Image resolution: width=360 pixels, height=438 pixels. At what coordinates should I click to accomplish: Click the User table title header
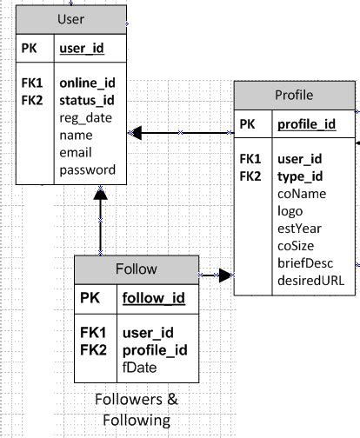pos(72,19)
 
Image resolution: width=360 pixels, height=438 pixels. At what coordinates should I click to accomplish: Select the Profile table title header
pos(293,95)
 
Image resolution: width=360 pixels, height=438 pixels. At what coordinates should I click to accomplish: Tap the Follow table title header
pos(136,269)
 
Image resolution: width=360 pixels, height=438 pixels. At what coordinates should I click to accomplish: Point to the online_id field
pos(87,83)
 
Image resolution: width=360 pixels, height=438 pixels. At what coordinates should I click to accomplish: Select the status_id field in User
pos(87,100)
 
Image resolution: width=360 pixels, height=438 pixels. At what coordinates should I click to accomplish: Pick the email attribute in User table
pos(77,153)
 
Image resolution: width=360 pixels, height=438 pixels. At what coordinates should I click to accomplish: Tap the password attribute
pos(87,170)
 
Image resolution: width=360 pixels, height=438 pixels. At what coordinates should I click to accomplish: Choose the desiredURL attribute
pos(310,281)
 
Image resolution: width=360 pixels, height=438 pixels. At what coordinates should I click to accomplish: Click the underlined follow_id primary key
pos(153,298)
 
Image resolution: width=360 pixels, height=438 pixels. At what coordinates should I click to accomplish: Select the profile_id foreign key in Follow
pos(152,350)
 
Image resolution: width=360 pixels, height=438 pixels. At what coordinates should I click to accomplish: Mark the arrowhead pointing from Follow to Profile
pos(225,275)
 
